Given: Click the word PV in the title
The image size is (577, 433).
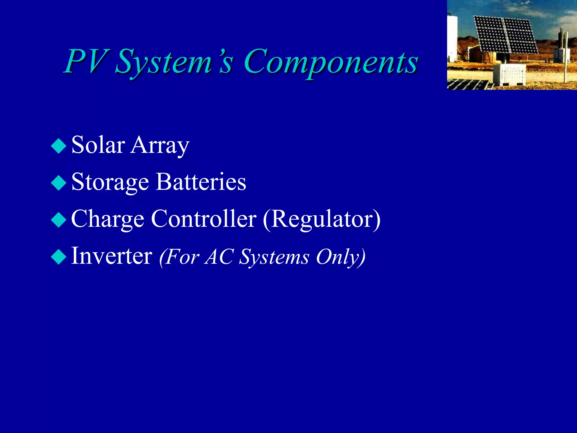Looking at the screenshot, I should [86, 61].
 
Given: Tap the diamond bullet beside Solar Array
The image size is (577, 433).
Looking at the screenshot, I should [59, 146].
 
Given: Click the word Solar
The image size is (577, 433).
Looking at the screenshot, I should [98, 145].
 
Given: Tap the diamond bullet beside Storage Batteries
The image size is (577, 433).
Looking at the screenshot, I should [59, 183].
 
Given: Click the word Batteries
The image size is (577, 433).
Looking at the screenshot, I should [201, 182].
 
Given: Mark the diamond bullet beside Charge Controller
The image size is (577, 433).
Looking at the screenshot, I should [59, 220].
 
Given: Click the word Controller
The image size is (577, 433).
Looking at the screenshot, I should [204, 219].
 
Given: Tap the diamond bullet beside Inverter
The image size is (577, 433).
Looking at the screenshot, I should [59, 257].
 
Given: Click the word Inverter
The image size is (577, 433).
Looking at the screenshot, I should [112, 256].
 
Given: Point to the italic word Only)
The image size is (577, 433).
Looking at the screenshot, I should [340, 257].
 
